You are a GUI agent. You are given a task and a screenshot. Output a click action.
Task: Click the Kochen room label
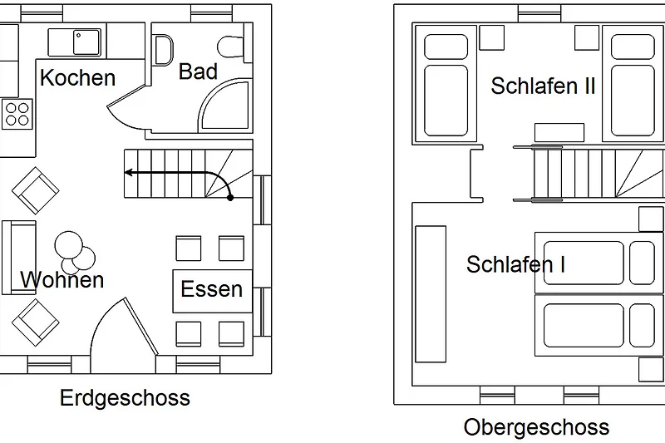coord(77,78)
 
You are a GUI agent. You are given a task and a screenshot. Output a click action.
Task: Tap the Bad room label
coord(198,72)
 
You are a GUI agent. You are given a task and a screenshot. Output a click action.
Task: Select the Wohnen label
coord(62,279)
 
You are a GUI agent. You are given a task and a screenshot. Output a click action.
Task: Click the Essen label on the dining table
coord(211,289)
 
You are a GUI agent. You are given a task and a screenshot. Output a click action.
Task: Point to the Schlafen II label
coord(543,86)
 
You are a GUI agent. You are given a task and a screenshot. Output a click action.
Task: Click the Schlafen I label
coord(515,264)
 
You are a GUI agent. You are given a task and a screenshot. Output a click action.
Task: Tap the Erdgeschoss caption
coord(125,398)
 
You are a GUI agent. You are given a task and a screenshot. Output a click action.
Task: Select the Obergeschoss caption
coord(536,427)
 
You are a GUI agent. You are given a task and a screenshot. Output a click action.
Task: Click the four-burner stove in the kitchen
coord(17,114)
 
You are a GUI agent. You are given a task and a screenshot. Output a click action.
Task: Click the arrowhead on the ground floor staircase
coord(130,173)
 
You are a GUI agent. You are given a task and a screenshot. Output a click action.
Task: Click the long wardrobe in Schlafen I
coord(430,293)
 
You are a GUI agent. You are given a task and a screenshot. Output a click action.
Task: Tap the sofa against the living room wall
coord(17,257)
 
